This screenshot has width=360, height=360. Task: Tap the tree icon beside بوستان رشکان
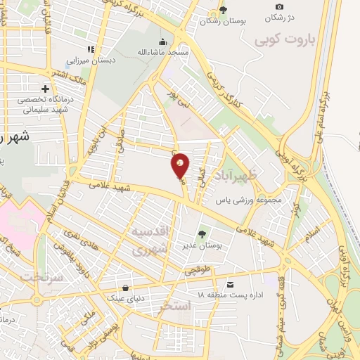[223, 10]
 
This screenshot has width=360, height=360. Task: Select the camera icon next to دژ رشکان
[279, 6]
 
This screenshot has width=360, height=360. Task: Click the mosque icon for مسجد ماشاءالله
[163, 41]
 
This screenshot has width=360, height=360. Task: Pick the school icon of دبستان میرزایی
[90, 49]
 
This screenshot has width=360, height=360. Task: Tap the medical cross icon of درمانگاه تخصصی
[46, 89]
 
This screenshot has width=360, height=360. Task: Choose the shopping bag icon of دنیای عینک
[126, 288]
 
